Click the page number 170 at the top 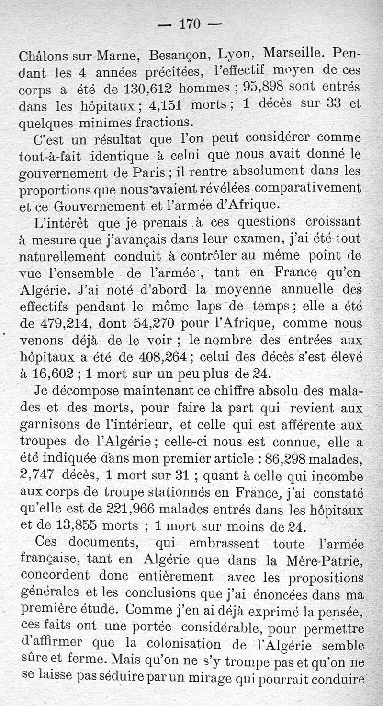pos(189,23)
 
